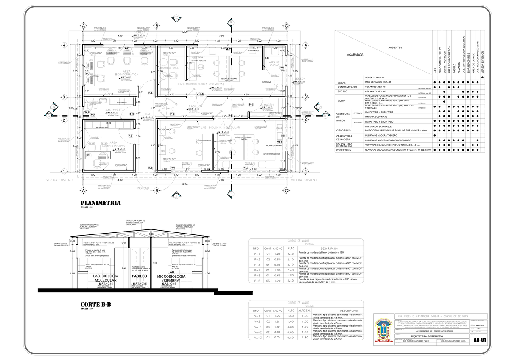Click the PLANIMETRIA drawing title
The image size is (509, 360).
click(101, 203)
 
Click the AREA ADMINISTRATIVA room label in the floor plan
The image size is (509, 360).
click(113, 144)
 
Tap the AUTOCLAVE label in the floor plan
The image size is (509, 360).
click(266, 82)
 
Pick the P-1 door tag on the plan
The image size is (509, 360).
click(150, 168)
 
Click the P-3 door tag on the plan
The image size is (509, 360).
click(130, 135)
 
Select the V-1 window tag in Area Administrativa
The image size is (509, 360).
click(89, 156)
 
